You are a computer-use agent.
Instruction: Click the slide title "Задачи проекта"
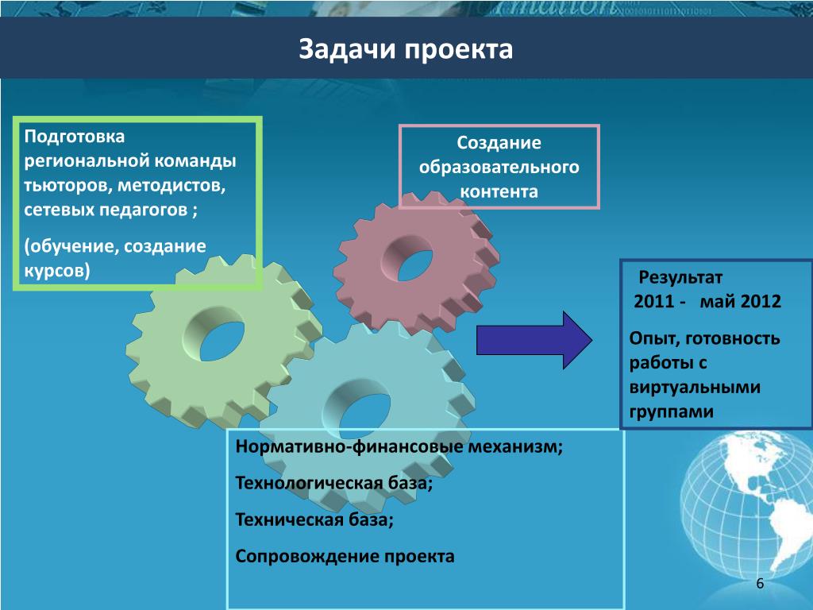pyautogui.click(x=406, y=50)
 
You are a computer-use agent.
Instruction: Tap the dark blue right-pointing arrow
pyautogui.click(x=534, y=340)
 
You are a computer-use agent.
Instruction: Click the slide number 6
pyautogui.click(x=760, y=584)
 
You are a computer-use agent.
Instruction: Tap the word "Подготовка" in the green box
pyautogui.click(x=74, y=137)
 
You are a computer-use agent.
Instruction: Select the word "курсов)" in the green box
pyautogui.click(x=57, y=270)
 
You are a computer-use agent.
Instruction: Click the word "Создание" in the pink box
pyautogui.click(x=499, y=143)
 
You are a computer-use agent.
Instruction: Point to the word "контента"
pyautogui.click(x=499, y=191)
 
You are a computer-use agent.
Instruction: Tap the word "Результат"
pyautogui.click(x=680, y=277)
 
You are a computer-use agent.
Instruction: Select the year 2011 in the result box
pyautogui.click(x=654, y=301)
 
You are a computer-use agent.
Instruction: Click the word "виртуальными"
pyautogui.click(x=695, y=388)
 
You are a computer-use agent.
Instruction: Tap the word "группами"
pyautogui.click(x=672, y=412)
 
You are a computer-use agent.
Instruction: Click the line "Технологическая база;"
pyautogui.click(x=334, y=484)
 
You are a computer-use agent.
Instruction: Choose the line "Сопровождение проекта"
pyautogui.click(x=345, y=557)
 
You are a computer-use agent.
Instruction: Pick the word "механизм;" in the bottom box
pyautogui.click(x=515, y=446)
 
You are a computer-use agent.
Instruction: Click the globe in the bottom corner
pyautogui.click(x=746, y=508)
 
